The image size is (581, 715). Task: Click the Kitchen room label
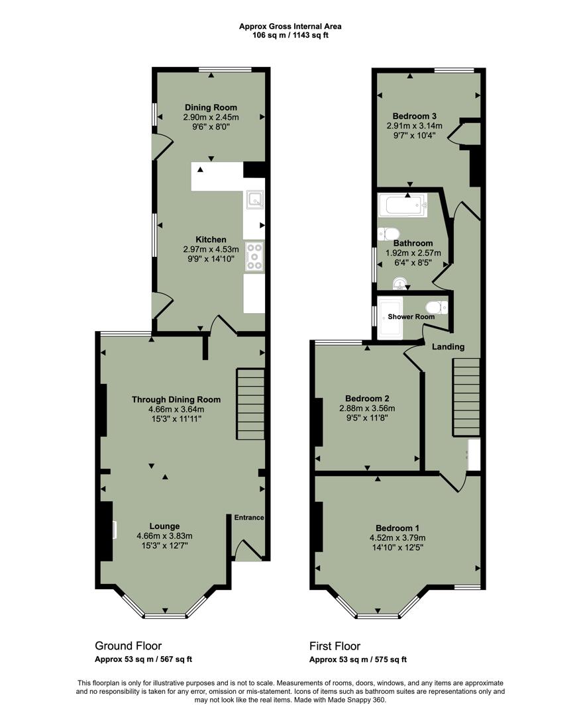point(211,240)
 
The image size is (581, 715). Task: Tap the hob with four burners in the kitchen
point(254,256)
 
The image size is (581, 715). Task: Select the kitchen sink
point(254,199)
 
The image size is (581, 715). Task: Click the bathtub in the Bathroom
point(402,205)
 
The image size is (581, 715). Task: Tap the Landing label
point(448,347)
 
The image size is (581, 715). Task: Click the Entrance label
point(248,518)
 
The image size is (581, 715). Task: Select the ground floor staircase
point(250,404)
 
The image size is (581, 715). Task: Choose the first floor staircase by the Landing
point(466,397)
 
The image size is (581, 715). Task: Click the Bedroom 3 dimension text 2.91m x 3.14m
point(414,125)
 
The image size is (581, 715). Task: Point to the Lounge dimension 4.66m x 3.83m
point(164,536)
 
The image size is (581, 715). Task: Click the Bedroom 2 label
point(367,399)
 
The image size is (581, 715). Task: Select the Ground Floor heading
point(128,645)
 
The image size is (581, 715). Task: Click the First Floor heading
point(335,645)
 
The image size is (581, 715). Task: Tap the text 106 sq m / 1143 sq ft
point(290,35)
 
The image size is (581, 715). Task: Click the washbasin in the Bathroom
point(399,284)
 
